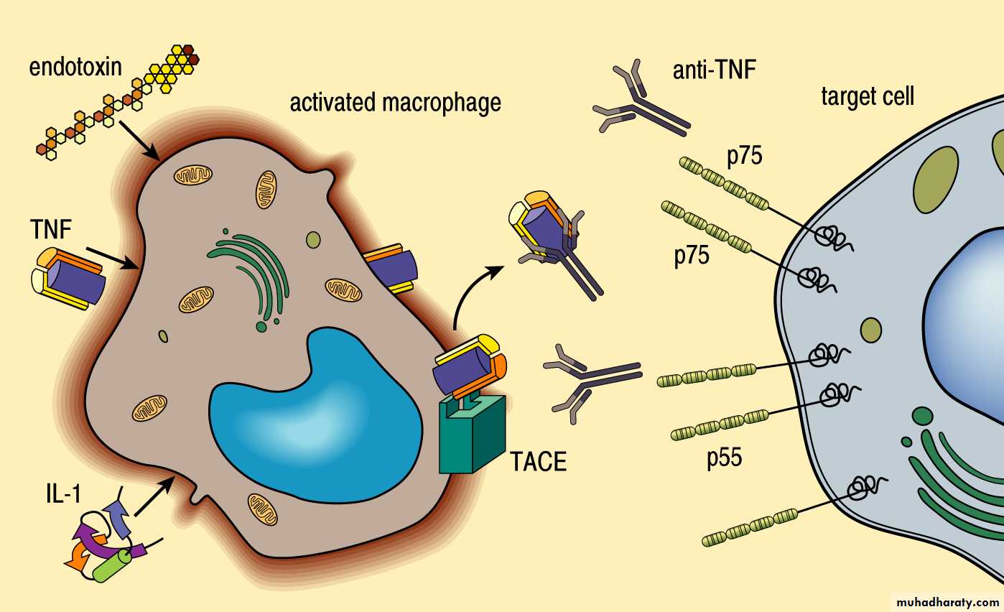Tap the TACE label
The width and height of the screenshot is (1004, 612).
point(538,461)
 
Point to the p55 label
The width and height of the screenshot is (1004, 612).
point(723,458)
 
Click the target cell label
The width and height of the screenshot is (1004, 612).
point(868,96)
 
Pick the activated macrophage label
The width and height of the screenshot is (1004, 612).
point(394,102)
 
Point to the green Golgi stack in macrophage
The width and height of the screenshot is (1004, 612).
point(251,277)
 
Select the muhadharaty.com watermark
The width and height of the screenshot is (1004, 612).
point(946,601)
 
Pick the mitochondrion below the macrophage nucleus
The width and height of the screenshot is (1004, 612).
point(262,508)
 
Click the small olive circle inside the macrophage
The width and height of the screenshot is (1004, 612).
point(313,239)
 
